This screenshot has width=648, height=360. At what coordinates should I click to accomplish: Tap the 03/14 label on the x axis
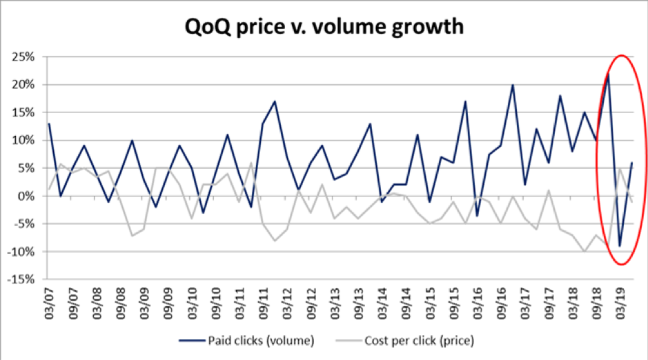click(x=382, y=302)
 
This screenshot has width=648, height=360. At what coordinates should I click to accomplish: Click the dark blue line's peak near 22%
click(x=608, y=73)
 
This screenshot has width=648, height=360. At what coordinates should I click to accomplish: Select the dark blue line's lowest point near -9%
click(x=620, y=246)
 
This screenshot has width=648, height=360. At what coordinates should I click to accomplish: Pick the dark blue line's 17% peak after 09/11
click(x=275, y=101)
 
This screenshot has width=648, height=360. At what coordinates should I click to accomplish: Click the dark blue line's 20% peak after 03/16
click(x=513, y=85)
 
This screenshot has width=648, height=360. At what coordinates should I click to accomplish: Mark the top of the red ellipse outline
click(x=622, y=55)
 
